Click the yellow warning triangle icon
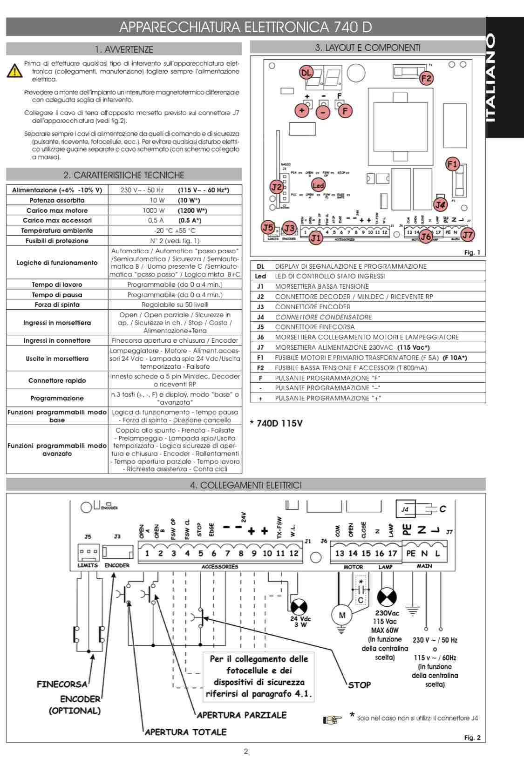15,71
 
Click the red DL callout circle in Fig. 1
306,73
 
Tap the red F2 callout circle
426,78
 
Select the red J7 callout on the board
467,235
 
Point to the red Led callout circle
318,185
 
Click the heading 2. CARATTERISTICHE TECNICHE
124,175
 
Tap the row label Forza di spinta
57,305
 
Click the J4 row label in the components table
260,317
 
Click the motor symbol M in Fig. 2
342,615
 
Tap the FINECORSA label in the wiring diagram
62,684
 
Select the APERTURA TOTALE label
185,732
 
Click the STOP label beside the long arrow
360,685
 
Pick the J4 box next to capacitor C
405,509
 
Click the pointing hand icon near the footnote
332,720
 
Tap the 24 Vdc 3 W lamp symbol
299,607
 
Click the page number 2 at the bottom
246,751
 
